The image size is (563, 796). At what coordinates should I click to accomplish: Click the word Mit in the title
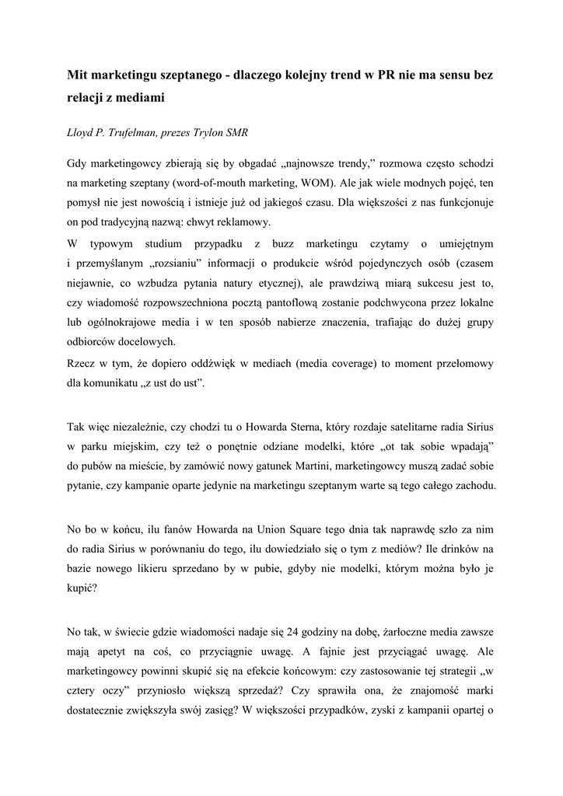click(76, 76)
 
